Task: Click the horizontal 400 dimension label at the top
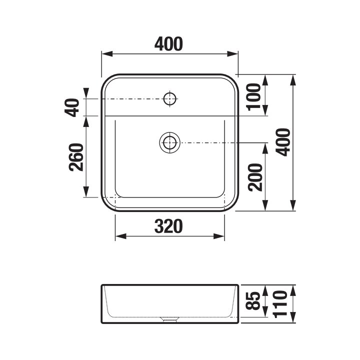click(169, 44)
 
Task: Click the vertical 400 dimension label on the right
click(283, 142)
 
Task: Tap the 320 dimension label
click(169, 226)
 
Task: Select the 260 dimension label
click(76, 157)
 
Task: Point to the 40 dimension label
click(71, 107)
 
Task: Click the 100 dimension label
click(254, 97)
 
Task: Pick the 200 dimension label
click(255, 177)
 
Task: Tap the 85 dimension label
click(253, 301)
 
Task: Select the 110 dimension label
click(280, 304)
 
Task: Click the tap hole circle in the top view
click(169, 98)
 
